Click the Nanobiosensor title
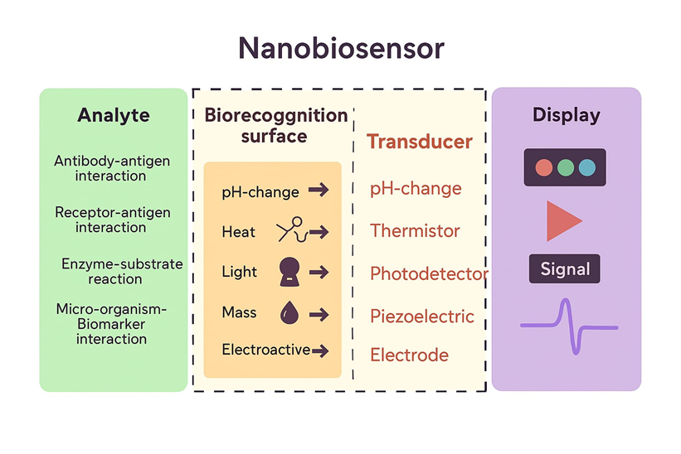click(341, 49)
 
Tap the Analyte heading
click(113, 115)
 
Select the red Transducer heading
click(420, 142)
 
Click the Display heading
click(567, 115)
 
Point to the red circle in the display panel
click(544, 167)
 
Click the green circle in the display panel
click(566, 167)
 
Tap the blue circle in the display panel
click(587, 167)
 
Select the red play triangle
click(563, 220)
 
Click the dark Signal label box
click(565, 269)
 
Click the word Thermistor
click(415, 231)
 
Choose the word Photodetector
click(429, 273)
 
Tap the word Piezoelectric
click(422, 316)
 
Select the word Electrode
click(409, 355)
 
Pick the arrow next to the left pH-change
click(319, 191)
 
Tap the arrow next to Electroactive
click(320, 351)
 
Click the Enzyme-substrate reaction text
click(121, 272)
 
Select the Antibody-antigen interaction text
click(111, 168)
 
